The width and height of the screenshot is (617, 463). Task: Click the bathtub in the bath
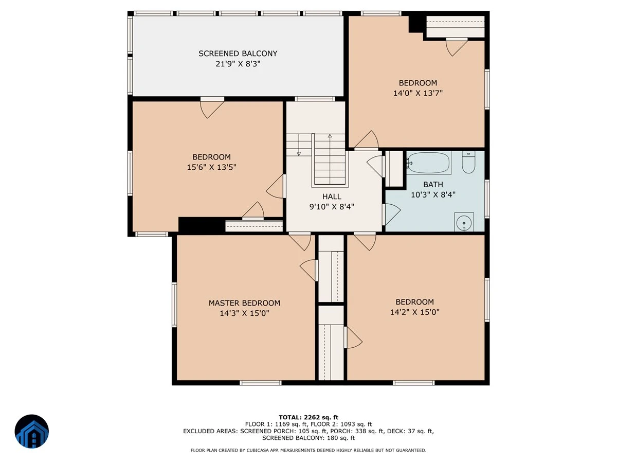[428, 163]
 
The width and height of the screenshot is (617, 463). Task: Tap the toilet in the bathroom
[468, 162]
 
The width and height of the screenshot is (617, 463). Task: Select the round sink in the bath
[464, 223]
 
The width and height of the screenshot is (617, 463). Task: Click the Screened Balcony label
[238, 54]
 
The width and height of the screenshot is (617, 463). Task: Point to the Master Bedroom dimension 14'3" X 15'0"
[244, 313]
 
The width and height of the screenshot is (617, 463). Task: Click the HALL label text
[332, 197]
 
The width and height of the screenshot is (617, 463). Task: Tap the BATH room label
[433, 184]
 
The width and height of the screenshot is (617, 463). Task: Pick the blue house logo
[32, 431]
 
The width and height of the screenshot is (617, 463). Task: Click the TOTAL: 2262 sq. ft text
[308, 417]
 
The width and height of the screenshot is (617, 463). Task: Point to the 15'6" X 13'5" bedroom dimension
[211, 167]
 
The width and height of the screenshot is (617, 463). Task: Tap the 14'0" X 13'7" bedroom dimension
[418, 93]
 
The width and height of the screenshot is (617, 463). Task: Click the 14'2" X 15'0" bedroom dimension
[414, 312]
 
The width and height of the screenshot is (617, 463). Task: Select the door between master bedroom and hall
[300, 241]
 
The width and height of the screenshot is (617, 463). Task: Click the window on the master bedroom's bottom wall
[261, 383]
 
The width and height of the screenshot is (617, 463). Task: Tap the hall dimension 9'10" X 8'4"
[332, 207]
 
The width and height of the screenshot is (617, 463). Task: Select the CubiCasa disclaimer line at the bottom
[308, 450]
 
